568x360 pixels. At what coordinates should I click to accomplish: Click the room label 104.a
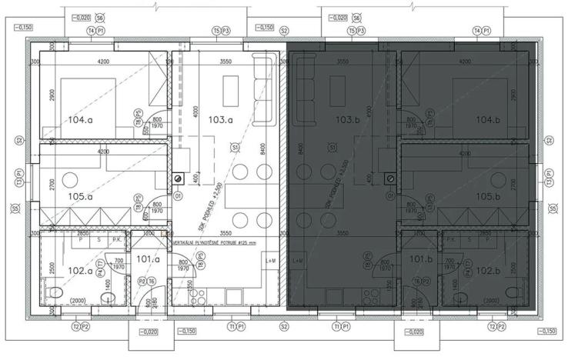coord(80,121)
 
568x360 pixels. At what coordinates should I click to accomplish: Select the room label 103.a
coord(220,120)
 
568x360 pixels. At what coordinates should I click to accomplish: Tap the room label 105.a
coord(80,197)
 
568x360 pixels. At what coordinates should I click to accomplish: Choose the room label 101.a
coord(146,259)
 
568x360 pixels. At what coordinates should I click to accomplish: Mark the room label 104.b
coord(488,121)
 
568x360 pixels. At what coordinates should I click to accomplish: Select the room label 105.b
coord(488,197)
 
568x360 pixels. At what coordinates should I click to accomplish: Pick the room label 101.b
coord(422,259)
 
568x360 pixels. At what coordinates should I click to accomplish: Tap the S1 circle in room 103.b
coord(332,146)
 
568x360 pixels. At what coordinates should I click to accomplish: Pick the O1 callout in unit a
coord(179,196)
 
